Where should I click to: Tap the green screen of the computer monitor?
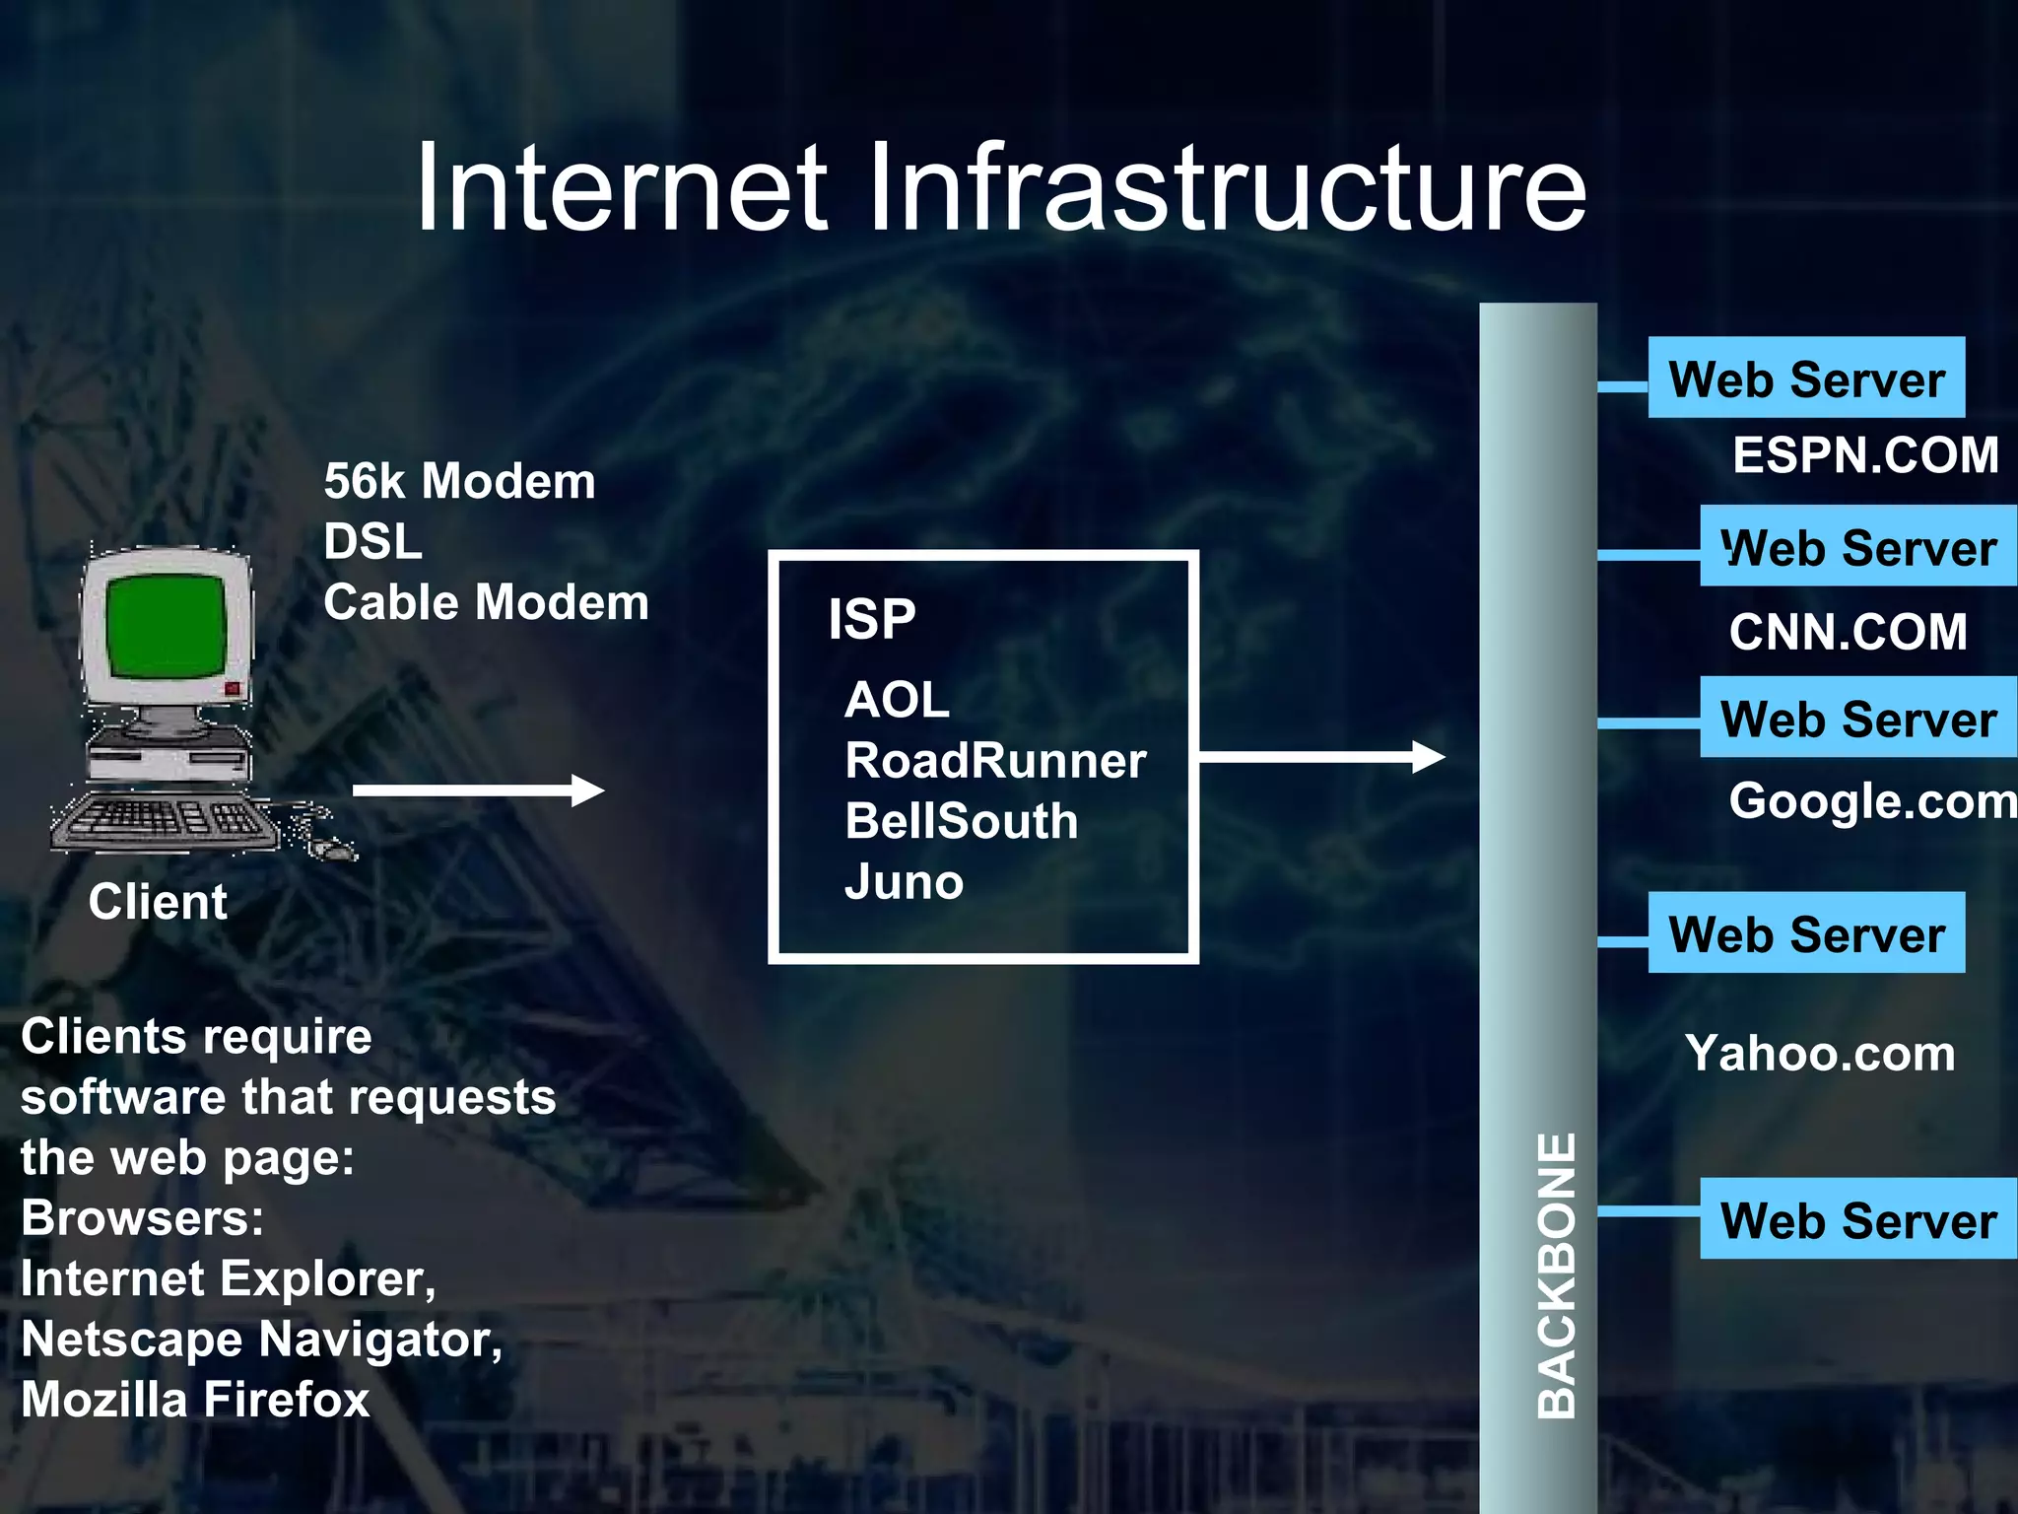[166, 626]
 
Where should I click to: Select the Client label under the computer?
[158, 902]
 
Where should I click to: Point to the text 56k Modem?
[459, 482]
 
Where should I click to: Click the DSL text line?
[372, 542]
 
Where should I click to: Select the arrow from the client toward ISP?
[478, 791]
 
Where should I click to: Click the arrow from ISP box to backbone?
[1320, 757]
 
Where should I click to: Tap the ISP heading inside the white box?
[872, 619]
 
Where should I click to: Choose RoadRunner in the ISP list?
[995, 761]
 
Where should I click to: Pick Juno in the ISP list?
[904, 882]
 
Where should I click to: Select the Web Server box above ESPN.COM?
[1806, 379]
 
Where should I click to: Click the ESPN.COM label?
[1865, 455]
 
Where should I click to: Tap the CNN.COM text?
[1848, 632]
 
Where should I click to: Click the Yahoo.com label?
[1820, 1054]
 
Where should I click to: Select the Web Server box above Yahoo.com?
[1806, 933]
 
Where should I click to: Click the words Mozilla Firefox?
[195, 1400]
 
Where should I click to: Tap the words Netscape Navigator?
[261, 1340]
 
